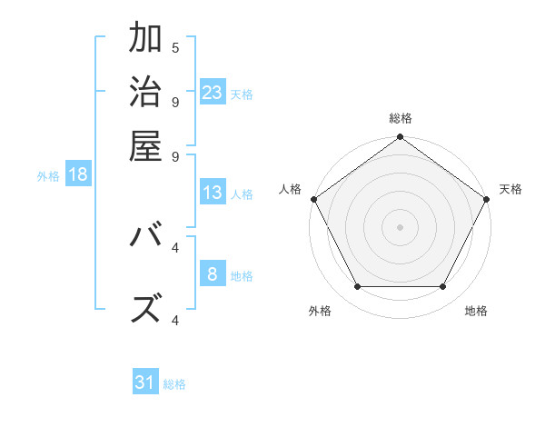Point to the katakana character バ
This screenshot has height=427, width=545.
pos(145,238)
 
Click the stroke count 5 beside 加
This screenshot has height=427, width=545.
pos(175,47)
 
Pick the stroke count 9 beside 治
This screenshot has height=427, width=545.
pos(175,101)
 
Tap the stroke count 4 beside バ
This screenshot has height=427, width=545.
pos(175,246)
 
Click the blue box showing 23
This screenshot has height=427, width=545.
pos(213,92)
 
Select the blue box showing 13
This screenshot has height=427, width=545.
pos(213,193)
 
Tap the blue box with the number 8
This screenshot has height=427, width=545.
pos(213,273)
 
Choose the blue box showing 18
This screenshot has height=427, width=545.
pos(78,174)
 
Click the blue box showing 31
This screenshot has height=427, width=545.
pos(145,382)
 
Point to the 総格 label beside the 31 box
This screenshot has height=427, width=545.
pos(174,384)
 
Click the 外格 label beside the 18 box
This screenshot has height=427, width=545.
pos(47,176)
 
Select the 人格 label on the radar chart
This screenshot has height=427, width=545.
pos(291,189)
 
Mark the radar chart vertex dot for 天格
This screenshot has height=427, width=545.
pos(487,199)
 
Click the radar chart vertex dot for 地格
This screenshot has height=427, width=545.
pos(442,287)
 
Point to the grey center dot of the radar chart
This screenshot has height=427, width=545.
pos(400,226)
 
